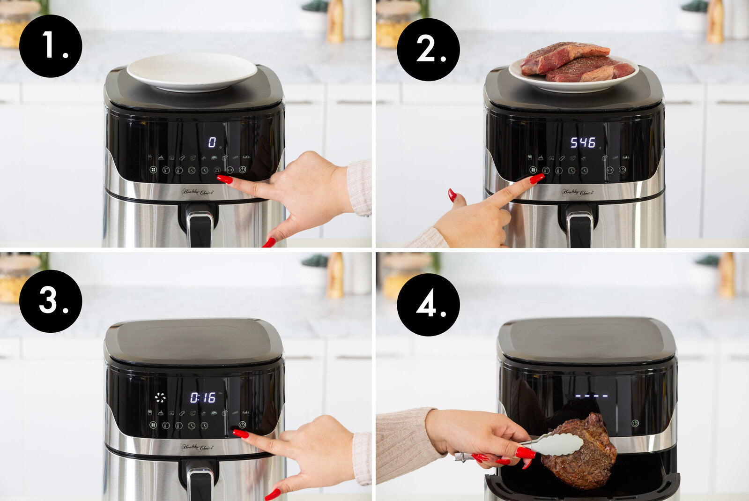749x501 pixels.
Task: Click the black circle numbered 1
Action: point(51,46)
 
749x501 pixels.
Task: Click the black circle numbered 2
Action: point(428,49)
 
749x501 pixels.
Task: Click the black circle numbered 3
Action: point(51,301)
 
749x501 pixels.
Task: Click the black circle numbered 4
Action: point(428,305)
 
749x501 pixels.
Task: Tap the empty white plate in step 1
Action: point(192,71)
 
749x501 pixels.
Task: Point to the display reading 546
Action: point(583,142)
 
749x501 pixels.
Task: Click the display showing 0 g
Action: point(213,142)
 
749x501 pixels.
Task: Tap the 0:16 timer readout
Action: point(203,398)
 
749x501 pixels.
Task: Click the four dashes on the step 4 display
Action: point(591,396)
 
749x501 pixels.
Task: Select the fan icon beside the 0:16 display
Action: point(160,398)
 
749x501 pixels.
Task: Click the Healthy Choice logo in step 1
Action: point(197,192)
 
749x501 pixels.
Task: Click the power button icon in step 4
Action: point(635,423)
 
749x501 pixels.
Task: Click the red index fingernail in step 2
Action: point(537,179)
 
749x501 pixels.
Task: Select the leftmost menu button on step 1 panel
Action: point(153,170)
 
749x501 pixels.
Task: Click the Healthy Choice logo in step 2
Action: point(577,192)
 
